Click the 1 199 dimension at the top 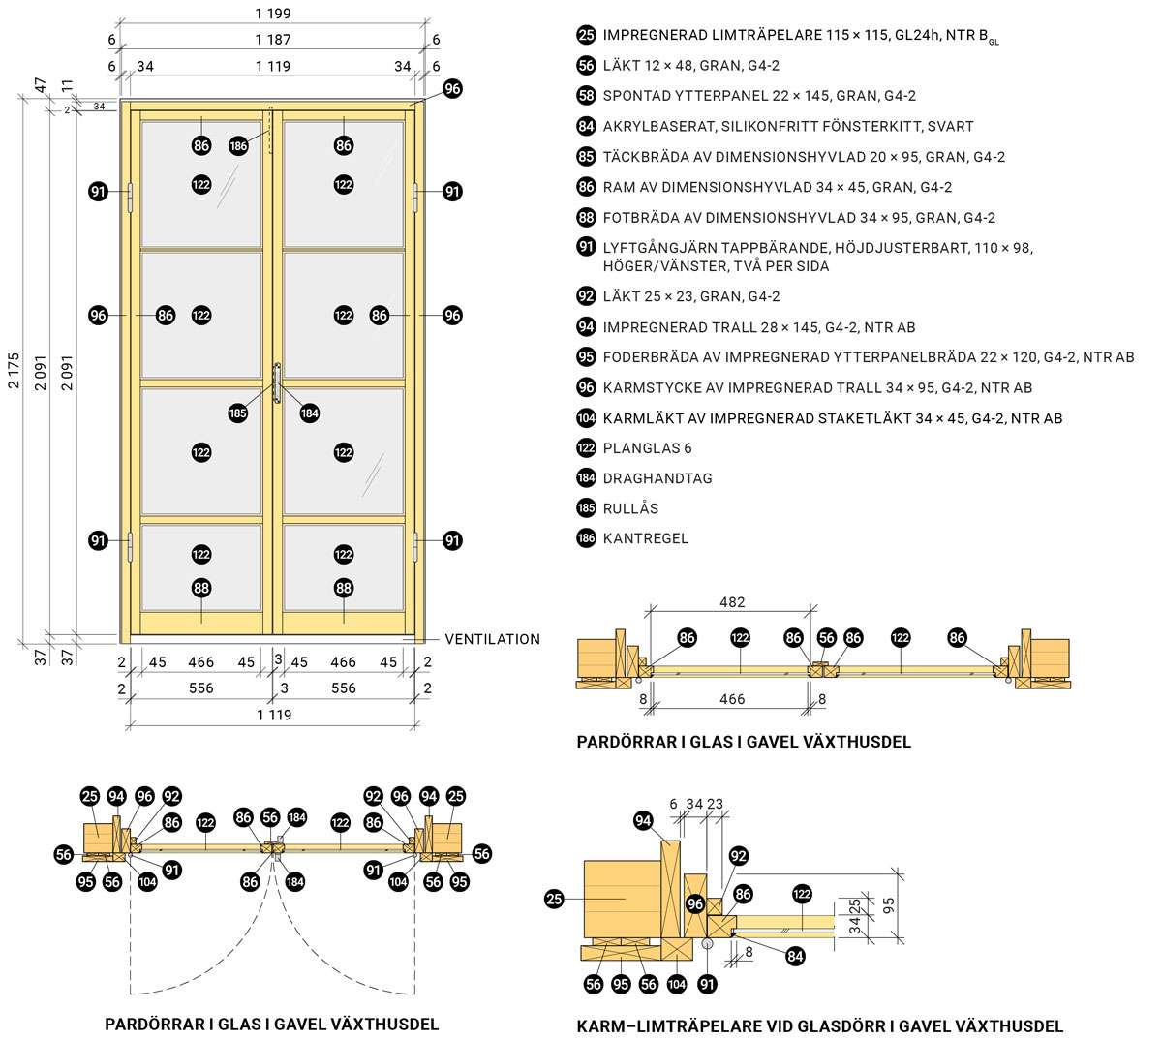point(273,15)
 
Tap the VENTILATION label point(492,639)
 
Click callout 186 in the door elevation point(239,146)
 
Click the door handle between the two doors point(277,382)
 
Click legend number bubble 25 point(586,35)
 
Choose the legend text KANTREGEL point(646,538)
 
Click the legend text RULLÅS point(630,508)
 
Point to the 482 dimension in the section point(732,602)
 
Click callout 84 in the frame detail point(795,956)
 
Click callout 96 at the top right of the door point(452,88)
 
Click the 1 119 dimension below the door point(273,715)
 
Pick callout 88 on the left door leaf point(201,588)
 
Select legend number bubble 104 point(586,418)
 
